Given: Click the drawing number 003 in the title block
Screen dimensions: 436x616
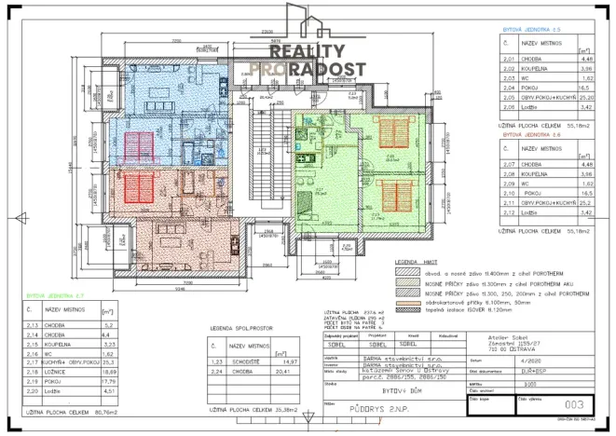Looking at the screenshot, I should (x=576, y=405).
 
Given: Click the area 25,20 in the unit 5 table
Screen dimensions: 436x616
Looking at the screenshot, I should (x=585, y=94).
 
